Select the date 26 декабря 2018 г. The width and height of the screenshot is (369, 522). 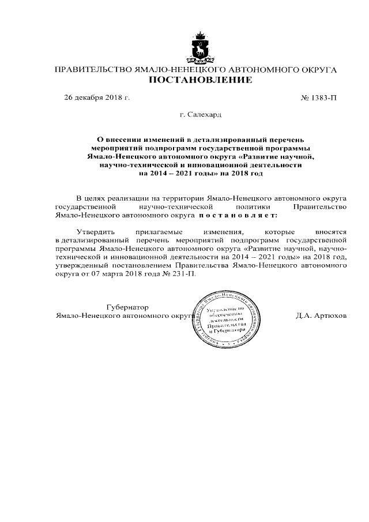point(97,97)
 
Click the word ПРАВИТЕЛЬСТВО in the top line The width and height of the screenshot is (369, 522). point(92,69)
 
